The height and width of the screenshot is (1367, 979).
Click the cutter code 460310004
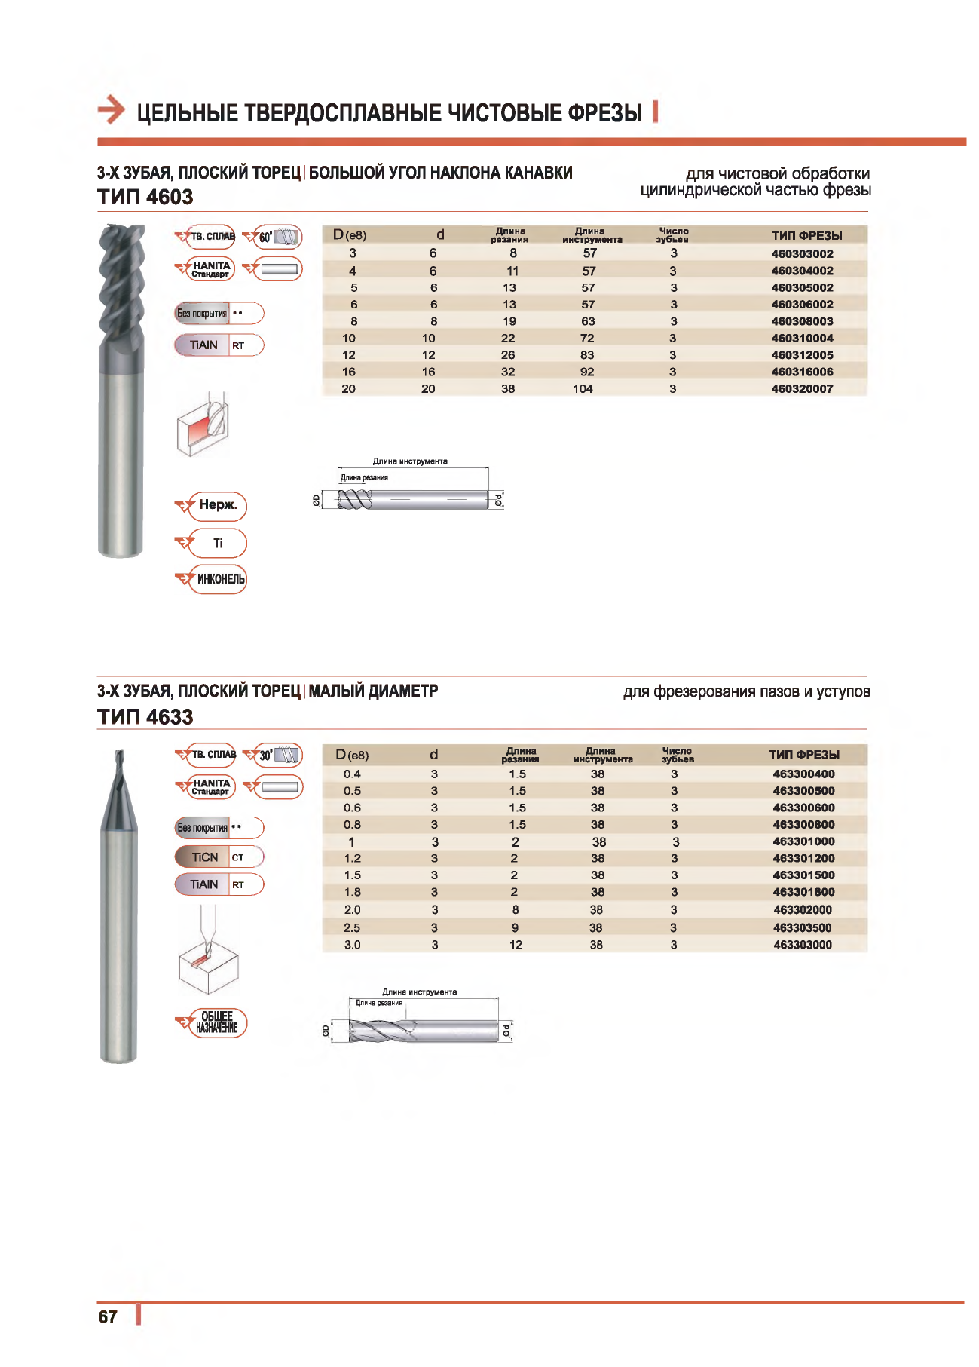[x=802, y=339]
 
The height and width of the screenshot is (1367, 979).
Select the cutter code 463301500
[x=803, y=875]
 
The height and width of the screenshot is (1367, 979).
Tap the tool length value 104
[x=583, y=389]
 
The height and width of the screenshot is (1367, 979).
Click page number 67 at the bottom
[x=108, y=1316]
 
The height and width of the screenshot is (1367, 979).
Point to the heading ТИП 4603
[x=145, y=198]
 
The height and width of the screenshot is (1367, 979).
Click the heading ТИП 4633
[x=145, y=717]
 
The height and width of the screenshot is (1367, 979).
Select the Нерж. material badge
[x=218, y=505]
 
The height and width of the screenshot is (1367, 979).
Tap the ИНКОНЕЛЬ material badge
[x=220, y=579]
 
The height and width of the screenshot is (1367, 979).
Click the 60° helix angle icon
[x=278, y=237]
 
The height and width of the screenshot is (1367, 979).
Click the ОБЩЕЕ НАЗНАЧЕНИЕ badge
[x=217, y=1022]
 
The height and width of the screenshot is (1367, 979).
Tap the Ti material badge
[x=218, y=543]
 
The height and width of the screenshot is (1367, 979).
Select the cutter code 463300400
[x=803, y=774]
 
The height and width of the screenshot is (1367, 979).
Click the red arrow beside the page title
[x=112, y=110]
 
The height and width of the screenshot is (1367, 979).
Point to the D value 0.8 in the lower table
[x=352, y=825]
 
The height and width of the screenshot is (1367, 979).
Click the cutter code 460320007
[x=802, y=389]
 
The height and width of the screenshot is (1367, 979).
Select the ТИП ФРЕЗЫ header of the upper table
[x=806, y=236]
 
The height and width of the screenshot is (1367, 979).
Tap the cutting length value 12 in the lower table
[x=516, y=945]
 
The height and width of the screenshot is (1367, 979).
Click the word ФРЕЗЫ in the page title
[x=604, y=113]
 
